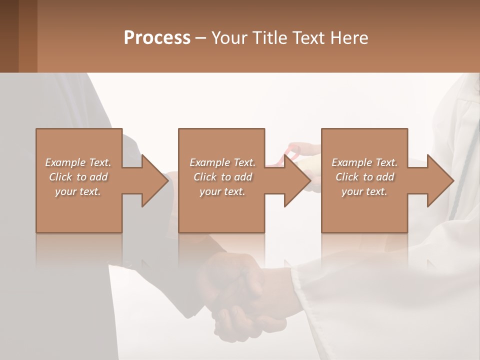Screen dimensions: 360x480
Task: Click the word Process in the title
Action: click(157, 38)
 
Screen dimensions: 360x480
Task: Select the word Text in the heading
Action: click(307, 38)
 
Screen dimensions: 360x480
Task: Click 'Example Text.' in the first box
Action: click(78, 162)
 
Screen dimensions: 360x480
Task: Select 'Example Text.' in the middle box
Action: click(222, 162)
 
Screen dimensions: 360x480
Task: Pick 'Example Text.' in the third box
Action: click(364, 162)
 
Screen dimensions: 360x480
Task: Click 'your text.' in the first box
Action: click(78, 191)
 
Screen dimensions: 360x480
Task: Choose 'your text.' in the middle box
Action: click(222, 191)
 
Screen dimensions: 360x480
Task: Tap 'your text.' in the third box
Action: click(364, 191)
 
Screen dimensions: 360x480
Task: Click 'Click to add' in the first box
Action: click(78, 177)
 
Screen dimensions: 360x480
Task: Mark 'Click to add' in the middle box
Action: click(222, 177)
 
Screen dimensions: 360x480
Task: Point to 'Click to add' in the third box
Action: click(364, 177)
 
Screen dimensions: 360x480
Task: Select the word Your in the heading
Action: click(228, 38)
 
